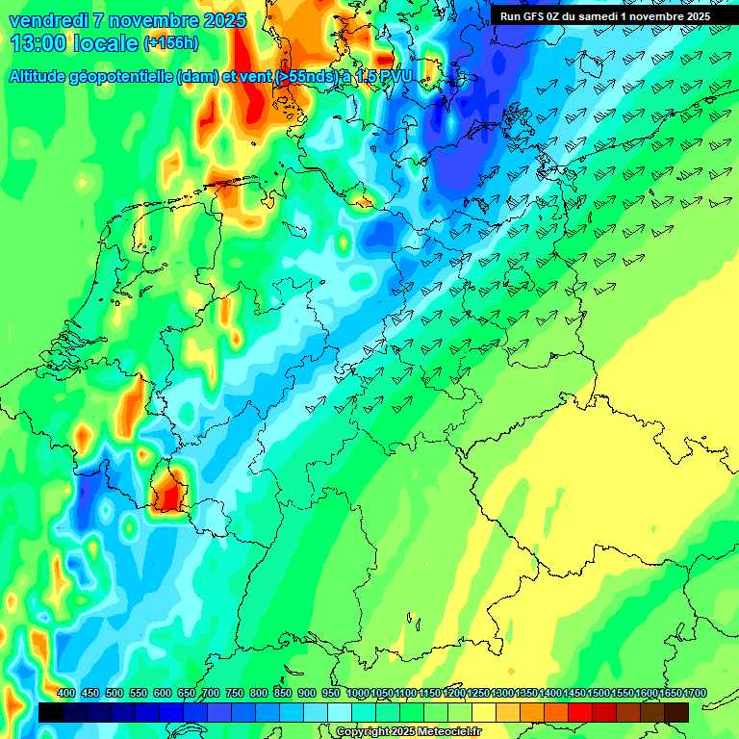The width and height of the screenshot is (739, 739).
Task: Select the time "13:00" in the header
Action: click(39, 43)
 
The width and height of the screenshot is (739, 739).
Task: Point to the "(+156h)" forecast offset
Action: click(171, 43)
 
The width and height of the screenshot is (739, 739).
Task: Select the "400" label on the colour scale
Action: click(66, 694)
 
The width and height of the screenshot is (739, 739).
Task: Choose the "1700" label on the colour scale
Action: click(676, 694)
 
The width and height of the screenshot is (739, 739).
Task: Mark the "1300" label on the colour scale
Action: click(501, 694)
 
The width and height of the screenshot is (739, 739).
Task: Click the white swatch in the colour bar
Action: click(340, 712)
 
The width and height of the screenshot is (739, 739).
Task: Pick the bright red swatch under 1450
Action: click(580, 712)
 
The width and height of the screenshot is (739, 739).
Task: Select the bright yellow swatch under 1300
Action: click(508, 712)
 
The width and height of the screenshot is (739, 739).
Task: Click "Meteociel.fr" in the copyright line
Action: click(447, 732)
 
